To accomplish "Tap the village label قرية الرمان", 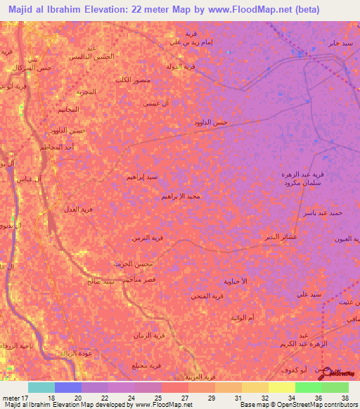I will tap(149, 336).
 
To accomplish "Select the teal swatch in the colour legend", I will tap(41, 387).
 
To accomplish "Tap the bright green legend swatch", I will tap(308, 387).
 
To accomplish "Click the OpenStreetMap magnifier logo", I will tap(324, 377).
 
